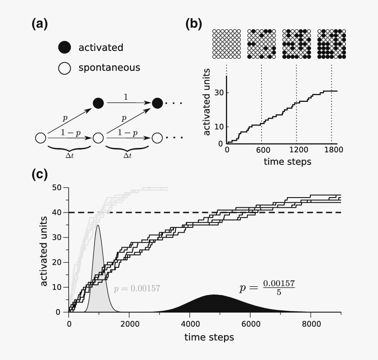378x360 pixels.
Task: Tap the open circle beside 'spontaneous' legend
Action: pyautogui.click(x=65, y=68)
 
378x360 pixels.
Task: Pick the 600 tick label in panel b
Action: pyautogui.click(x=263, y=150)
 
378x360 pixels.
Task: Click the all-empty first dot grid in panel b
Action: pyautogui.click(x=227, y=43)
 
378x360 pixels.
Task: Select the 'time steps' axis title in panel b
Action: pyautogui.click(x=287, y=162)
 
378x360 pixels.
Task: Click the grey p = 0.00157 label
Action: pyautogui.click(x=137, y=288)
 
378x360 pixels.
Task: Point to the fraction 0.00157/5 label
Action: pyautogui.click(x=267, y=288)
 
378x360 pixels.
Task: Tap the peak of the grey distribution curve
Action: pyautogui.click(x=98, y=226)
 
